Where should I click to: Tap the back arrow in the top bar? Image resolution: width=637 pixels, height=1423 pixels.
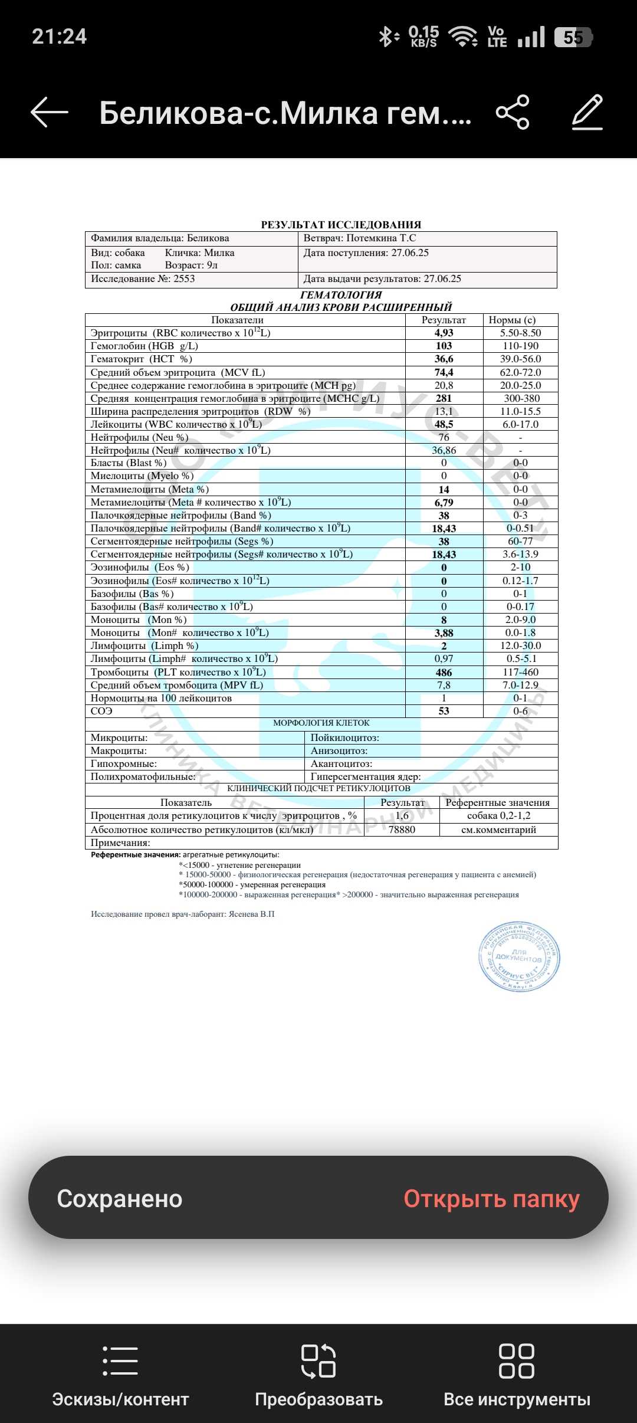coord(50,112)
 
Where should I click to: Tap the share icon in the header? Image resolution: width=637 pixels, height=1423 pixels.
coord(513,112)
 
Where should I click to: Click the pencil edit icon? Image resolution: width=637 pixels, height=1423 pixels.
coord(587,112)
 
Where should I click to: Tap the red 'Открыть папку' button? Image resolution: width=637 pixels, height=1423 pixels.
coord(491,1199)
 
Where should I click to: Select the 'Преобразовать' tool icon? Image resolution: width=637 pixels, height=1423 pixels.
coord(318,1362)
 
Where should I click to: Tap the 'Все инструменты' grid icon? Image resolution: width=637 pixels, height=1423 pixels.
coord(517,1362)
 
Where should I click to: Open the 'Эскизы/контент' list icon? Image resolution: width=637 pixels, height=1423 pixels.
coord(120,1362)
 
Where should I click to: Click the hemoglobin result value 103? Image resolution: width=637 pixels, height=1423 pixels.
coord(444,346)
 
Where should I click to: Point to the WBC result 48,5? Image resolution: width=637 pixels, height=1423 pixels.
coord(444,425)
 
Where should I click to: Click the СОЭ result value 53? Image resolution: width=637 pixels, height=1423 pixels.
coord(444,711)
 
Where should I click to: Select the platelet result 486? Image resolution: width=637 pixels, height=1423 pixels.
coord(444,673)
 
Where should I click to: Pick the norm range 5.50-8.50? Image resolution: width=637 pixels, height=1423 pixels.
coord(520,333)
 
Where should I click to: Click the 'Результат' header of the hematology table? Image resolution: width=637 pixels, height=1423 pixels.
coord(444,320)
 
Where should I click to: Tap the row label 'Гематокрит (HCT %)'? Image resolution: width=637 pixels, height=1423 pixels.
coord(142,359)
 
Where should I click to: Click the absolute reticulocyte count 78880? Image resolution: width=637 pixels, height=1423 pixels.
coord(402,830)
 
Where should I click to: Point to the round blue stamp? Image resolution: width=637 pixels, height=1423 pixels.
coord(519,956)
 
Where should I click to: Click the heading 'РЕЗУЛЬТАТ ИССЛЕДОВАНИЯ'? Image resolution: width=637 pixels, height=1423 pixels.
coord(341,225)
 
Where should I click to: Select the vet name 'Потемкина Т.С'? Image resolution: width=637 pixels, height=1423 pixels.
coord(381,238)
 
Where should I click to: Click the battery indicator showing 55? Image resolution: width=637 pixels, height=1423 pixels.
coord(573,38)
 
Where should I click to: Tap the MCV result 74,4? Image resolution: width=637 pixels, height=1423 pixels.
coord(444,373)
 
